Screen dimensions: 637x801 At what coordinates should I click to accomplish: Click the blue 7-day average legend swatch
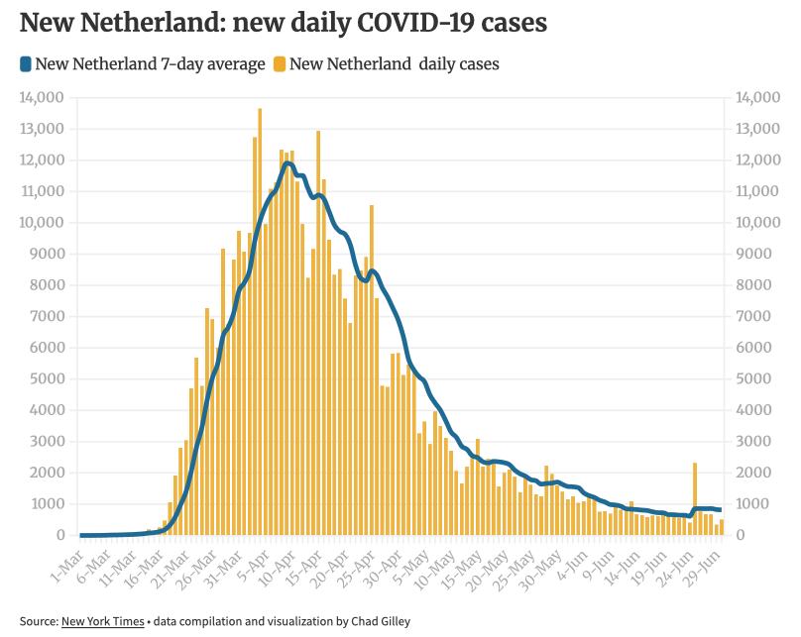click(x=25, y=64)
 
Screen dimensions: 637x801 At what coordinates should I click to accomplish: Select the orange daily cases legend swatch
click(x=280, y=64)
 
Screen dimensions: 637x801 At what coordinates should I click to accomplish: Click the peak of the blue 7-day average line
click(x=287, y=162)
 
